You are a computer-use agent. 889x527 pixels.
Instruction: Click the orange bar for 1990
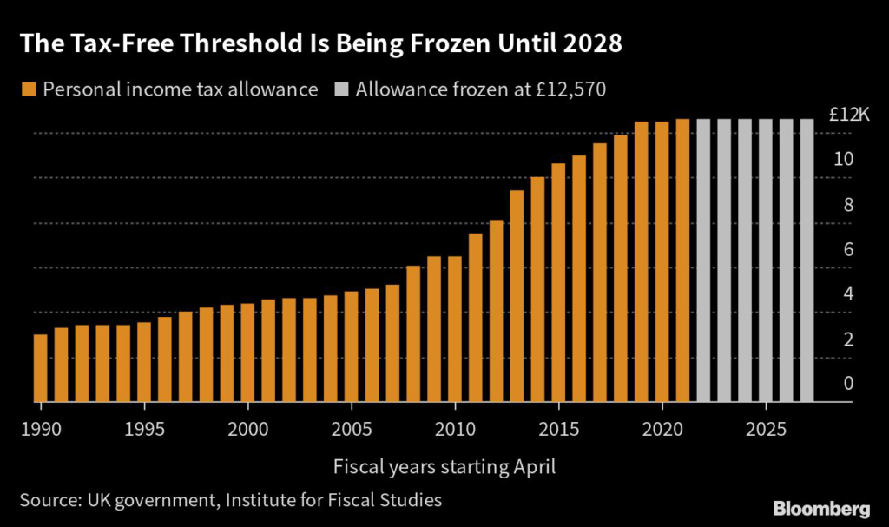(40, 368)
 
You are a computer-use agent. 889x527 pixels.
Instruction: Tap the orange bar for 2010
(454, 329)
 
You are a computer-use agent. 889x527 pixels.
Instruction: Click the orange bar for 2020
(662, 261)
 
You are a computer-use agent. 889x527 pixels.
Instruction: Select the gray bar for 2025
(765, 260)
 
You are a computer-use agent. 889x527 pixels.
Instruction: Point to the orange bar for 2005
(351, 346)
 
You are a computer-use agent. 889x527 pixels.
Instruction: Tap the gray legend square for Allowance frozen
(340, 89)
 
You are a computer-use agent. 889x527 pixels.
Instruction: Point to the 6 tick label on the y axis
(848, 249)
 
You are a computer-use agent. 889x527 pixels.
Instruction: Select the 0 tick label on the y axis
(848, 384)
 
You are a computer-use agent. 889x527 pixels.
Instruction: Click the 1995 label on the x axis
(144, 429)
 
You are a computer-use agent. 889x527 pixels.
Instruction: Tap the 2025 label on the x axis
(765, 429)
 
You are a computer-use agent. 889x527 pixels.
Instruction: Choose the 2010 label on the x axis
(454, 429)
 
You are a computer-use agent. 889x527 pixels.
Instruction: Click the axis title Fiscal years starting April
(444, 466)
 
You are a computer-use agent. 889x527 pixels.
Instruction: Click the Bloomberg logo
(820, 507)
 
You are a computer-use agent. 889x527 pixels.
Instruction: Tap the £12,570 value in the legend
(575, 89)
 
